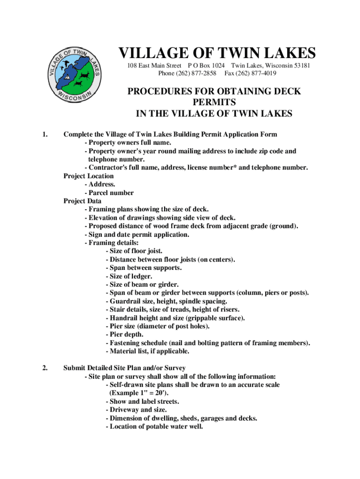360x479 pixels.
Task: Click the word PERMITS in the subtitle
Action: tap(214, 102)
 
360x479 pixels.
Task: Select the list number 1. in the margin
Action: tap(45, 135)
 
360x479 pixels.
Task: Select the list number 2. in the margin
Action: tap(45, 368)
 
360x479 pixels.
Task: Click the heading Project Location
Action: tap(88, 176)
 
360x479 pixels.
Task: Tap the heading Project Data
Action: tap(82, 201)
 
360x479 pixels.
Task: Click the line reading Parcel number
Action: tap(109, 193)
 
